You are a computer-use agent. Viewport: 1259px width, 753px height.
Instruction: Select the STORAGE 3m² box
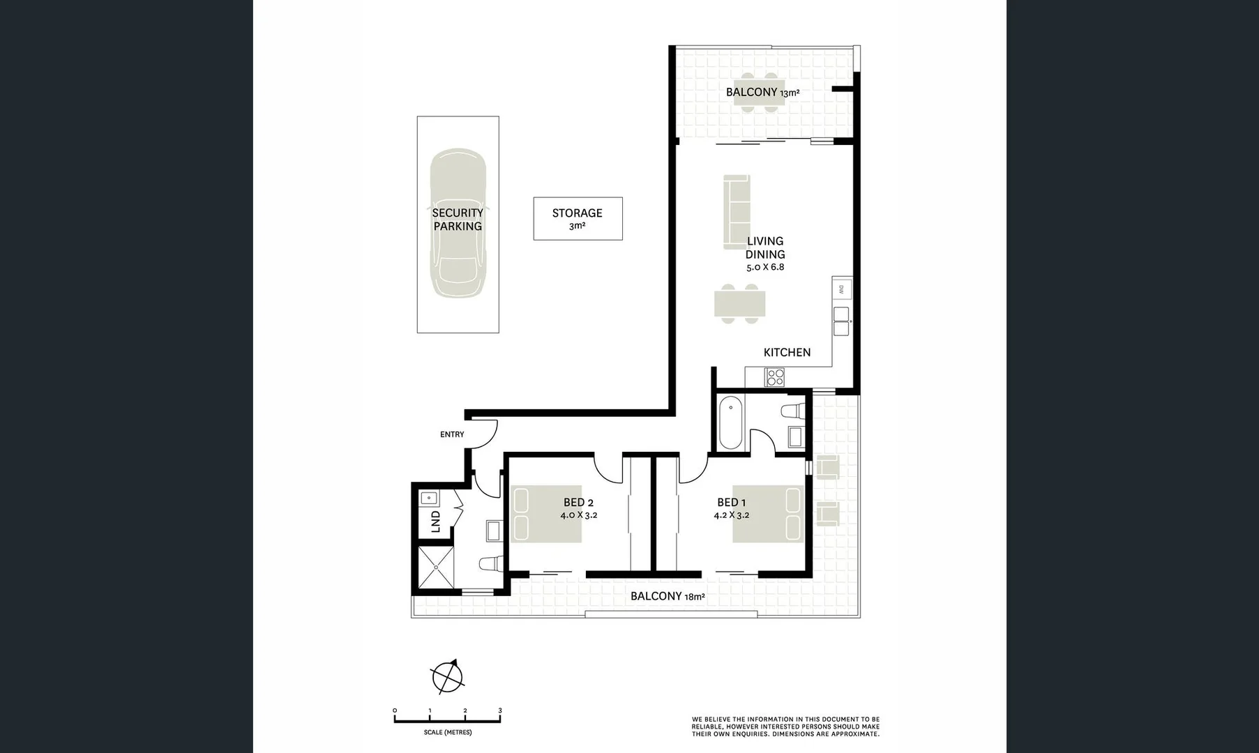[578, 218]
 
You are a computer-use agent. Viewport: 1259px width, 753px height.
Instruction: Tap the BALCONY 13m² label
[762, 92]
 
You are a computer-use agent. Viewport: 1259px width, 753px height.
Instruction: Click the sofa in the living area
[737, 211]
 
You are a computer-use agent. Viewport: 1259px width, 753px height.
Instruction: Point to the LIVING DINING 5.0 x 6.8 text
[765, 254]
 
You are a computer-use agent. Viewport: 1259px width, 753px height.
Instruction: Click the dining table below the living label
[739, 304]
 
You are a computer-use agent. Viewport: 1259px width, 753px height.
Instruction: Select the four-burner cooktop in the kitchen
[775, 377]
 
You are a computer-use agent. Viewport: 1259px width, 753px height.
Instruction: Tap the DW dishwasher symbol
[841, 289]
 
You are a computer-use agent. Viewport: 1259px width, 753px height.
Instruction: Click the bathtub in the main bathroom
[730, 423]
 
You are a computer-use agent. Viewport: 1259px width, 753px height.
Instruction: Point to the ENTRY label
[452, 434]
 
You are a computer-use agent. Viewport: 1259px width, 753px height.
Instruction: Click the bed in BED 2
[546, 514]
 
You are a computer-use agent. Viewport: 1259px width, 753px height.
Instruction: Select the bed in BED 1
[768, 514]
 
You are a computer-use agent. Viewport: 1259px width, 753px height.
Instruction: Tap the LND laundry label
[436, 522]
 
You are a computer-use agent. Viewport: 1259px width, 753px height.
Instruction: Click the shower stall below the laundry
[436, 567]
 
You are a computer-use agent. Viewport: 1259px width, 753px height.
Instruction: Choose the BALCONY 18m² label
[667, 596]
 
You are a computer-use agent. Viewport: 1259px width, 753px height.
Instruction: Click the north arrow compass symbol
[447, 676]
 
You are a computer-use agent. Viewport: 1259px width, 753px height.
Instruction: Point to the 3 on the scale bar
[500, 710]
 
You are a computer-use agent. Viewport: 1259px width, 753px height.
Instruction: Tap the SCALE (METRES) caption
[447, 733]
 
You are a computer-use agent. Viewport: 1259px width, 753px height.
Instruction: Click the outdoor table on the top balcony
[757, 92]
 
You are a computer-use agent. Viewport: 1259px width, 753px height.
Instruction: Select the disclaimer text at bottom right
[785, 727]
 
